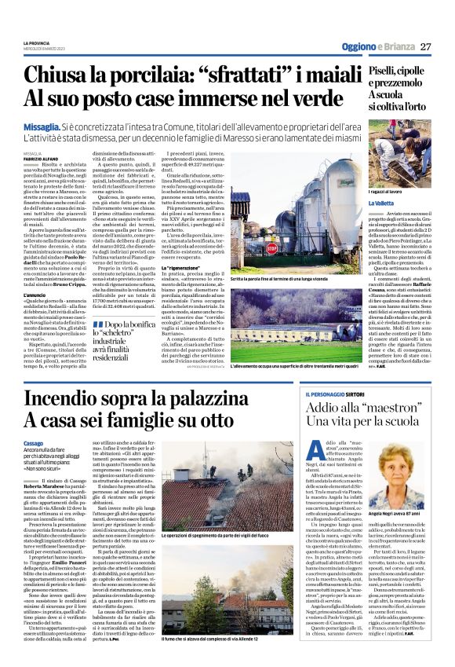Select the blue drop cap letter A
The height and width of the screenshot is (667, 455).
click(311, 448)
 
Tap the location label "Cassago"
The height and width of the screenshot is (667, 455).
click(34, 443)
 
